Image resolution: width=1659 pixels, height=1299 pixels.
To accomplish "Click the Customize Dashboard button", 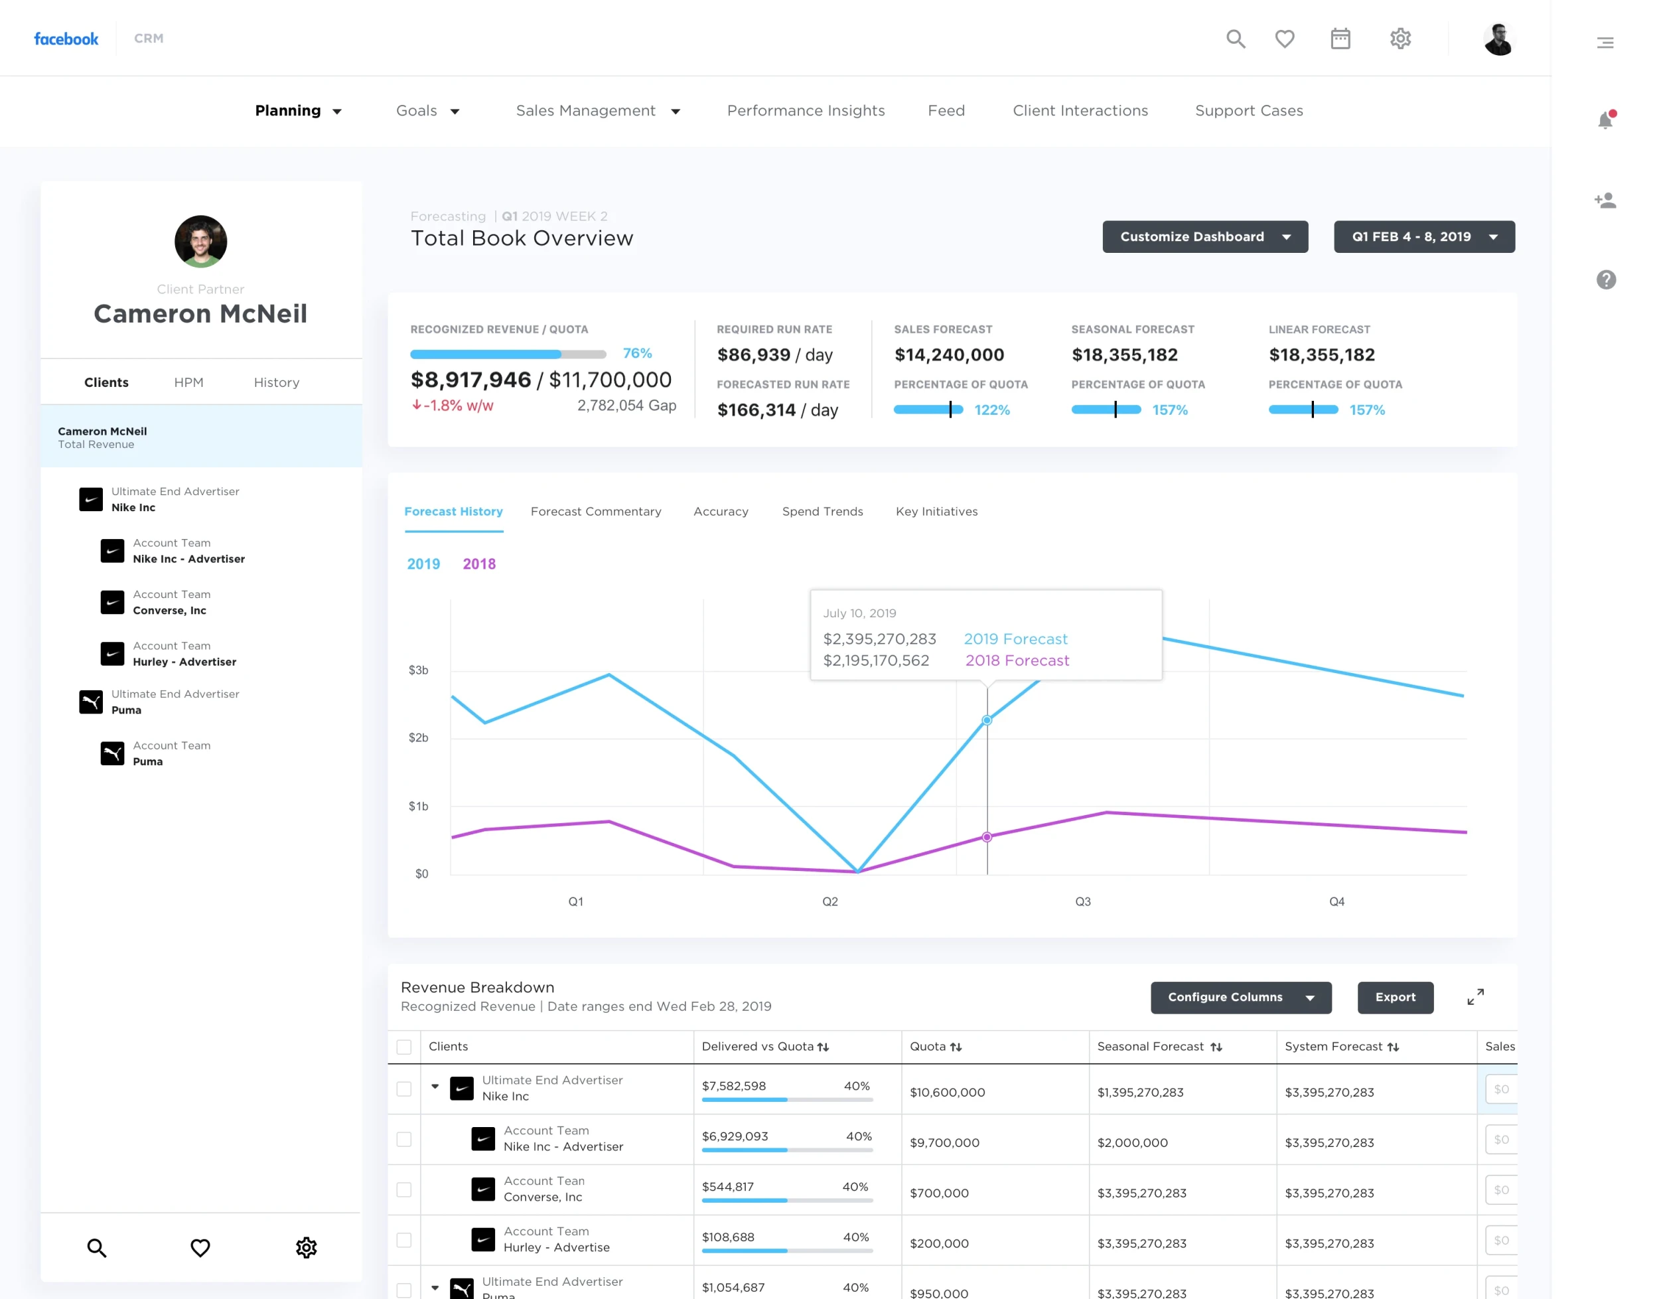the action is [1204, 236].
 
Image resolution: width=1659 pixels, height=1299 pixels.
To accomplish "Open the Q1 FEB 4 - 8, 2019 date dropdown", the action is [1423, 236].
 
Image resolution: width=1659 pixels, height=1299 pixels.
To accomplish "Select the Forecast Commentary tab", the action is [595, 511].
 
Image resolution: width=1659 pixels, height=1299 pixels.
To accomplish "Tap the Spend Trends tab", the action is [822, 511].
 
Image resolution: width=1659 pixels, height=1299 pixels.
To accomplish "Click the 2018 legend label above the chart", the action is [479, 564].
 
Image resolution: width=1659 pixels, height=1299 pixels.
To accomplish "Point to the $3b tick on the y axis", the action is [418, 670].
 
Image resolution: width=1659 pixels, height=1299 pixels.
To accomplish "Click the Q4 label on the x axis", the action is [1336, 901].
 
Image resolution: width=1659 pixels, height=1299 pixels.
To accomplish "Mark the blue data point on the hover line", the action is [986, 720].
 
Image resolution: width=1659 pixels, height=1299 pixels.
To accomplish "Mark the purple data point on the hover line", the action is [986, 836].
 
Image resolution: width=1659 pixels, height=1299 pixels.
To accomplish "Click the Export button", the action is [1394, 997].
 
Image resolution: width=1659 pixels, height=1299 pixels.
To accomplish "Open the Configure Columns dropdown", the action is [1240, 997].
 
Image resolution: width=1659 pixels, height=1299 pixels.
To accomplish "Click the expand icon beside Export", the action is [1475, 996].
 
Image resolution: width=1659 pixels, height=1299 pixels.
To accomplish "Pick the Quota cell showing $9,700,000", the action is [944, 1142].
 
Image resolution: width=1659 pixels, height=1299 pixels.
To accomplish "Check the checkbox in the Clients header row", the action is [403, 1047].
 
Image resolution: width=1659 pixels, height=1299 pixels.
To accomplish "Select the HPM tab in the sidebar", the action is [188, 382].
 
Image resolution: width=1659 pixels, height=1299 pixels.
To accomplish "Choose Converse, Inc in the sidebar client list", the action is [169, 610].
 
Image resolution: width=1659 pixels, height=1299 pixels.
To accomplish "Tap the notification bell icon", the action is [1605, 119].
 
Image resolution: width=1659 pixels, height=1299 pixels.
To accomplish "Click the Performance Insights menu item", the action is [805, 110].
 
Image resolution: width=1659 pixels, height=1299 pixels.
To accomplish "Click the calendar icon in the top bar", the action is [1340, 38].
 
